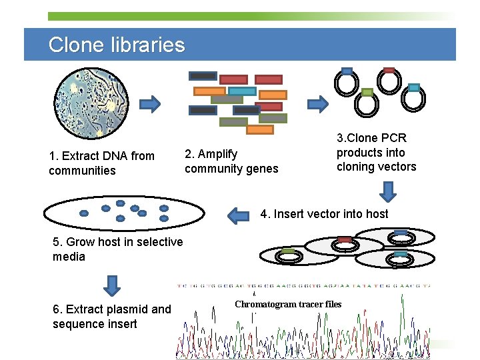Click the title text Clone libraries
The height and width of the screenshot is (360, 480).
pyautogui.click(x=117, y=45)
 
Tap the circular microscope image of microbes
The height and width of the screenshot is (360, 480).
pyautogui.click(x=91, y=103)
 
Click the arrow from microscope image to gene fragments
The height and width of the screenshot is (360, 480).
pyautogui.click(x=150, y=103)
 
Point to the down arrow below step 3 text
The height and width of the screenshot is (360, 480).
pyautogui.click(x=388, y=191)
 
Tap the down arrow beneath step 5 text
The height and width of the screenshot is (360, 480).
pyautogui.click(x=113, y=285)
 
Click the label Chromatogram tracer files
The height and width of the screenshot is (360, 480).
pyautogui.click(x=288, y=305)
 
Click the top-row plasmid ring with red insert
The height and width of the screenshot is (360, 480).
pyautogui.click(x=388, y=81)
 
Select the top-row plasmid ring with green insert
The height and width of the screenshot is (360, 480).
pyautogui.click(x=366, y=103)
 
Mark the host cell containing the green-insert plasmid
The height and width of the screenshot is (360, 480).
pyautogui.click(x=288, y=255)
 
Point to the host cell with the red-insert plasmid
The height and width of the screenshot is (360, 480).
pyautogui.click(x=344, y=245)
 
